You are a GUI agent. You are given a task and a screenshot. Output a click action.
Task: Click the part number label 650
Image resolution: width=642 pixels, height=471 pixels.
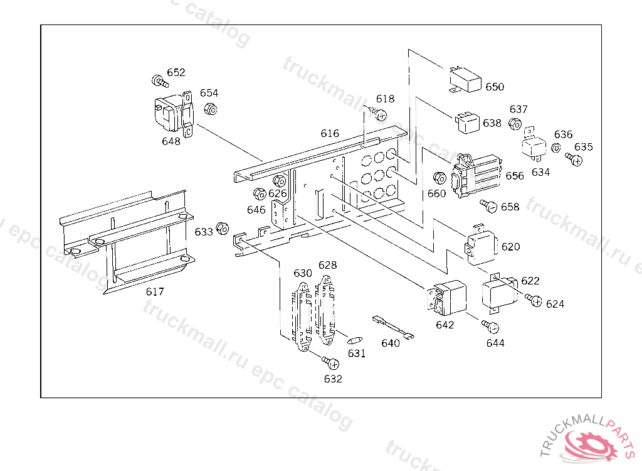coord(495,87)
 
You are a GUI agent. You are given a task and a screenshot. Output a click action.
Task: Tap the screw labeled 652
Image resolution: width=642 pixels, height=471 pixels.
coord(160,82)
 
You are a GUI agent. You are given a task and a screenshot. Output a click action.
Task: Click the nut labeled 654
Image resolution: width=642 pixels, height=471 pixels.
coord(211,109)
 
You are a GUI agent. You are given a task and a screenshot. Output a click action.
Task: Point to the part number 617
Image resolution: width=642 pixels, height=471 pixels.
coord(154,291)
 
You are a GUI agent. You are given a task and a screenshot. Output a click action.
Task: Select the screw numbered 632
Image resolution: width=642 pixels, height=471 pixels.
coord(332,363)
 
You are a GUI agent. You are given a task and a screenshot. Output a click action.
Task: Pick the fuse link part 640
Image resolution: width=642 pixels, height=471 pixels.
coord(392,328)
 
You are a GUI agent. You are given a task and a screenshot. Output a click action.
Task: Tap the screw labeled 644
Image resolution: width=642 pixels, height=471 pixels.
coord(492,327)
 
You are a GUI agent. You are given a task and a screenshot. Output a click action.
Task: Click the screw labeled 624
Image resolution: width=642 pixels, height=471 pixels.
coord(534,301)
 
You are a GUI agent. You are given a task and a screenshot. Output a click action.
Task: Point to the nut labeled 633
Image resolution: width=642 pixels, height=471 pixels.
coord(221,227)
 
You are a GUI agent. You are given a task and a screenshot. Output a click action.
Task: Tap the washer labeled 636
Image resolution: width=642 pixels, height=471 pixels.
coord(555,149)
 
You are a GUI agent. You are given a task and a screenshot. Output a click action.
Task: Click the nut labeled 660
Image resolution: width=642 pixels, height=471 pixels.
coord(439,178)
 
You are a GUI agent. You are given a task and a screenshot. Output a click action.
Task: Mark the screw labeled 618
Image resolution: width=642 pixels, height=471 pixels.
coord(379,114)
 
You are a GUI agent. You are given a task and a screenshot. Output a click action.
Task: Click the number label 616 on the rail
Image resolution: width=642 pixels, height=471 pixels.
coord(330,133)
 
